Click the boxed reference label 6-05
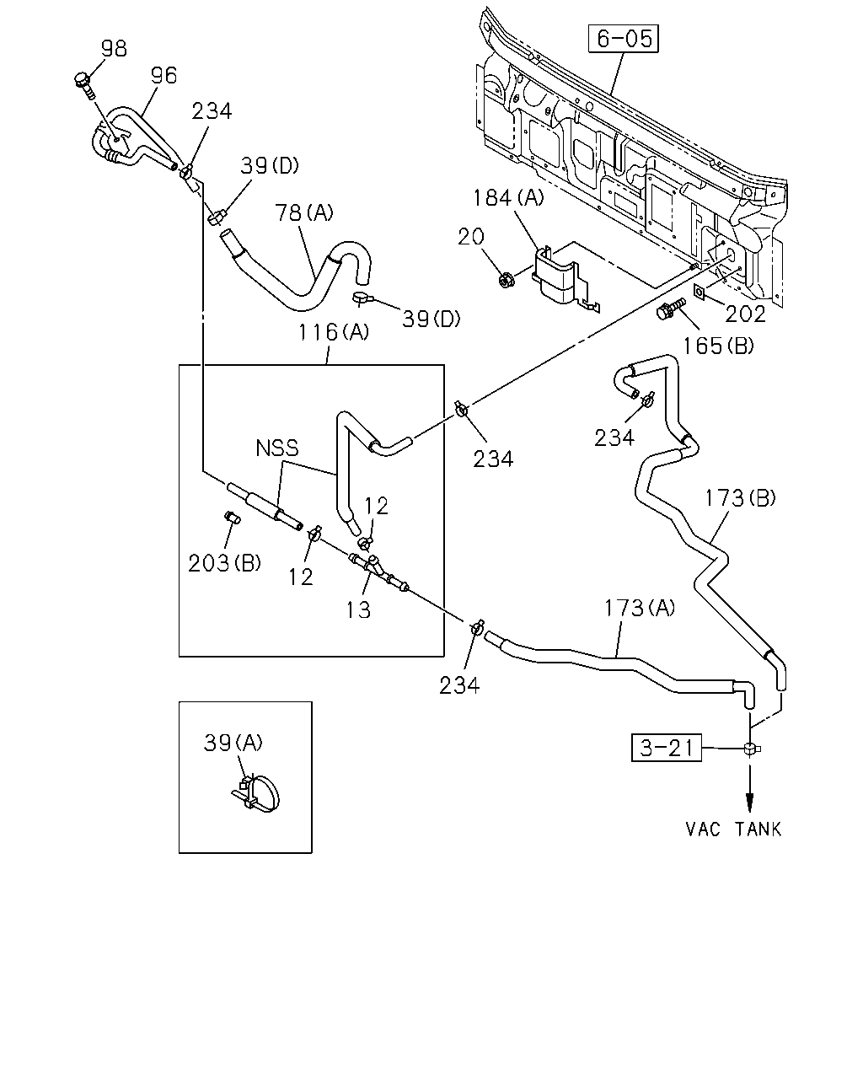(624, 39)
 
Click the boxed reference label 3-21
(666, 748)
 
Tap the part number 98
(114, 49)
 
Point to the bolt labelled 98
(84, 85)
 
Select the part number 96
(164, 76)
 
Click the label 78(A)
(304, 212)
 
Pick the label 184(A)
(508, 197)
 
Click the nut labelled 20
(506, 279)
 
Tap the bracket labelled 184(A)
(561, 278)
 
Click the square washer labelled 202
(699, 292)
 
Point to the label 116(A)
(334, 332)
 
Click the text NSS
(276, 448)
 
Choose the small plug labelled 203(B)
(233, 517)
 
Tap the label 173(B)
(740, 498)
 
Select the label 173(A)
(640, 608)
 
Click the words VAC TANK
(733, 829)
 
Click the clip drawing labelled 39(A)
(255, 792)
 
